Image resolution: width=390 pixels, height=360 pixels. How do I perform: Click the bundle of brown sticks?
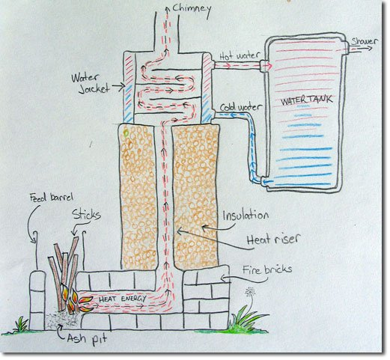point(66,266)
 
